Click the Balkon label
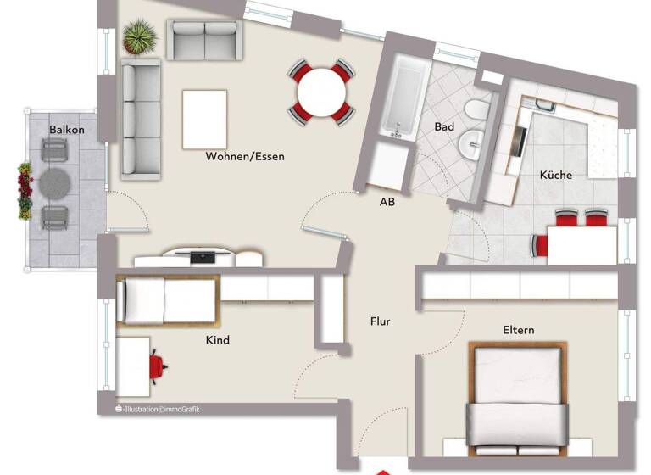tap(67, 130)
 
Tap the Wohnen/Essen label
tap(245, 156)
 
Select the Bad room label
tap(444, 127)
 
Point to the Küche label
tap(556, 176)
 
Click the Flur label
tap(380, 321)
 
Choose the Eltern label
tap(518, 330)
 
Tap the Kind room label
tap(218, 340)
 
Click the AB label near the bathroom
tap(387, 202)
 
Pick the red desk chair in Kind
tap(157, 366)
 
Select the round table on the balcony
tap(55, 181)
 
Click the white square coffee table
tap(204, 119)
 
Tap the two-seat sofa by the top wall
tap(203, 38)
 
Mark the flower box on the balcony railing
tap(25, 191)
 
